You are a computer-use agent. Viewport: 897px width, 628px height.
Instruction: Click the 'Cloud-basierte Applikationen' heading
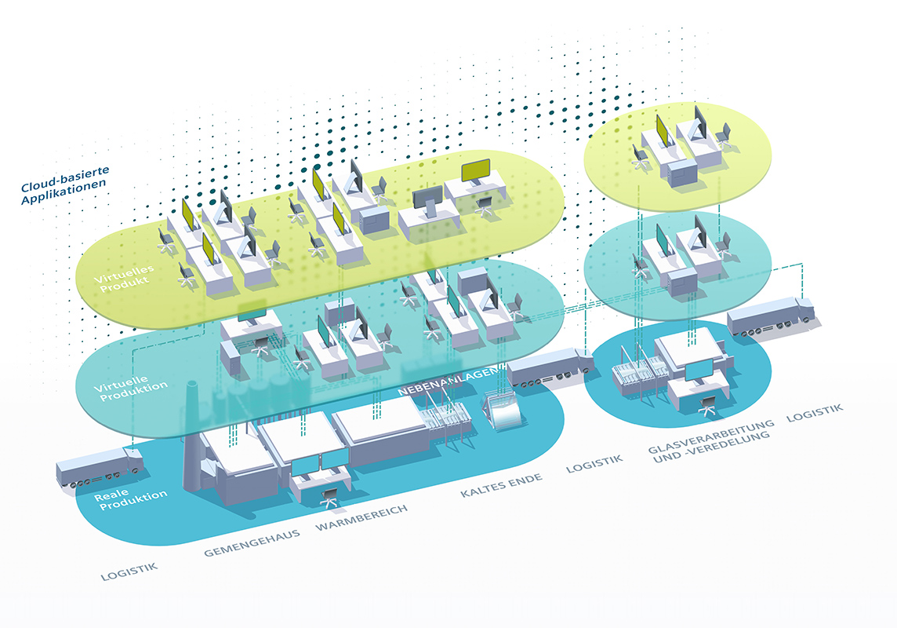click(64, 185)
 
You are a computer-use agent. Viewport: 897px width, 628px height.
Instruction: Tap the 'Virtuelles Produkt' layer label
click(124, 278)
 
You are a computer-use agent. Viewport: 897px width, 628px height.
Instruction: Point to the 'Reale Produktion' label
click(130, 498)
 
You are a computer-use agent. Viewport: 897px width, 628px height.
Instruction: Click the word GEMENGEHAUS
click(252, 543)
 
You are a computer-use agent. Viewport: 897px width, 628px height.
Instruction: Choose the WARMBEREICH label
click(361, 517)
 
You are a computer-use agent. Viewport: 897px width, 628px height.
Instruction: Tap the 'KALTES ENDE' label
click(501, 485)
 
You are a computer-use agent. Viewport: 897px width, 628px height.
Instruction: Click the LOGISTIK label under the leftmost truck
click(129, 571)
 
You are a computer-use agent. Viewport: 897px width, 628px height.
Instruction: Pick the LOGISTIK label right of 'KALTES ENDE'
click(594, 464)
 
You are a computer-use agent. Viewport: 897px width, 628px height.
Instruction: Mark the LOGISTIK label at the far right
click(815, 412)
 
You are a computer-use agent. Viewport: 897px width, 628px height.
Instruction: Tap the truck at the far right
click(771, 316)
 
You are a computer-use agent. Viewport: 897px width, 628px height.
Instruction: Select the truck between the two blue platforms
click(550, 367)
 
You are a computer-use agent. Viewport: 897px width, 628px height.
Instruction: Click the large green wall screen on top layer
click(475, 170)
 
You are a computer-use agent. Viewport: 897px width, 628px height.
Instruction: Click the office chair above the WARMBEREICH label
click(329, 498)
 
